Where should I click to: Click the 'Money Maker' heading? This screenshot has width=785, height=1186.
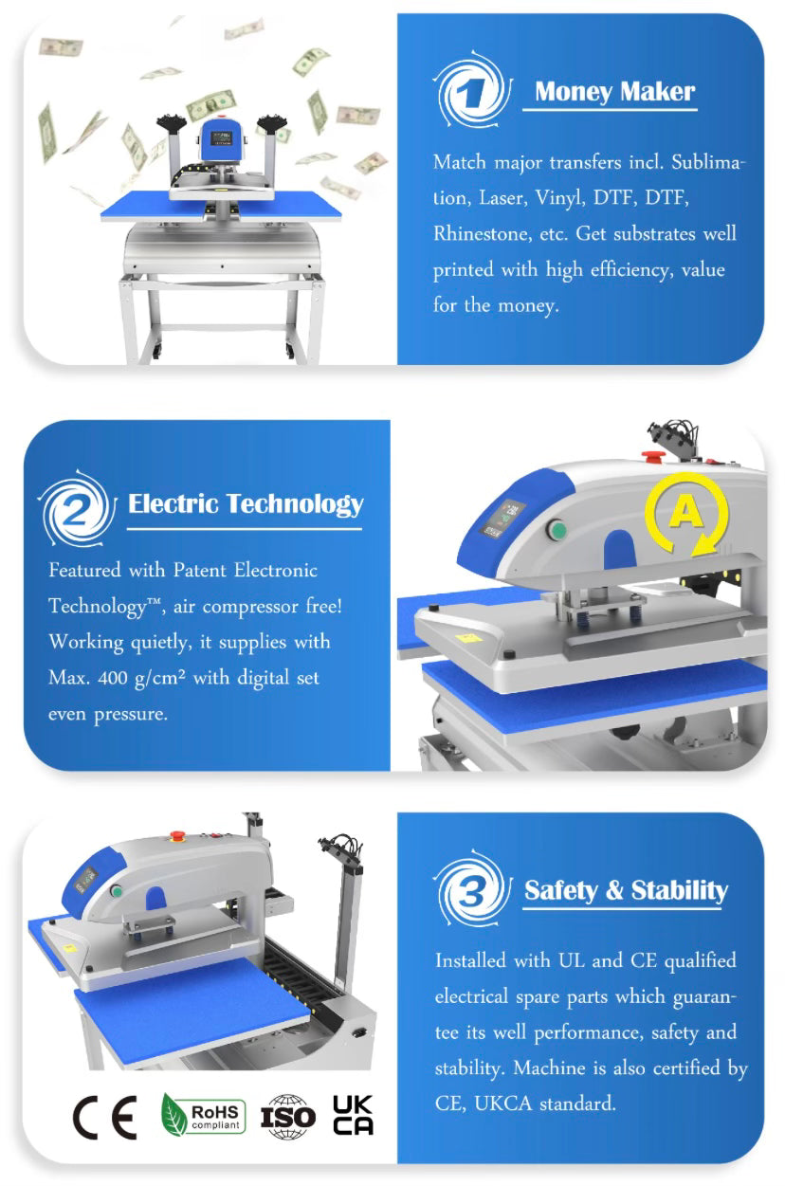[614, 91]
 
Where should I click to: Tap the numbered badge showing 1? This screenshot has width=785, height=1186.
[471, 91]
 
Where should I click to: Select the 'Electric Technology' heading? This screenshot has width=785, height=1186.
[246, 504]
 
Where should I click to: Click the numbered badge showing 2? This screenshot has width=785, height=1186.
[78, 509]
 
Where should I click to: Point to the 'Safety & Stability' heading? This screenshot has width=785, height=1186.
[627, 890]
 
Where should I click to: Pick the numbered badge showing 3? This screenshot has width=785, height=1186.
[471, 890]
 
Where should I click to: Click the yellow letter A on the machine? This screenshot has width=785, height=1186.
[686, 511]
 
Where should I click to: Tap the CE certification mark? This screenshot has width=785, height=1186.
[105, 1119]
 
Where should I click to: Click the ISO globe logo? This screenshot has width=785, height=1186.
[288, 1117]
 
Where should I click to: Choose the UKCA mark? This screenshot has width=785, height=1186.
[353, 1115]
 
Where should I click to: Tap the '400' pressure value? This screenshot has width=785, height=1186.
[113, 678]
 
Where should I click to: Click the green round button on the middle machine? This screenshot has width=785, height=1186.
[557, 530]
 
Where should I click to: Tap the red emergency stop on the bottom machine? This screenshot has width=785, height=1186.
[175, 835]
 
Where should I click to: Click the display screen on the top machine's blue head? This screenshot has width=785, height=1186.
[221, 137]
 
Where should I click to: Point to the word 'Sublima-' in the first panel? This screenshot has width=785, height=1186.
[708, 162]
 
